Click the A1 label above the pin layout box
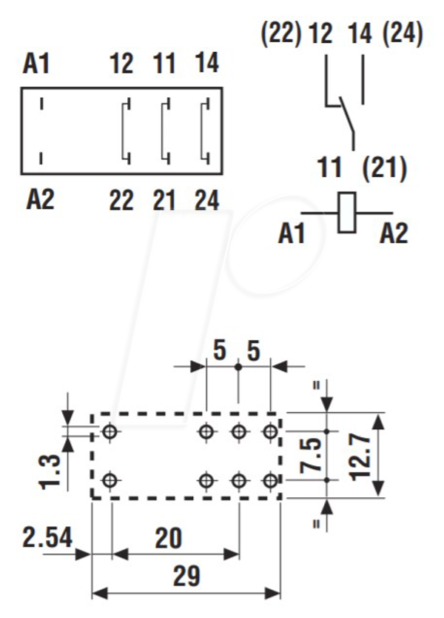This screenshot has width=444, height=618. coord(36,64)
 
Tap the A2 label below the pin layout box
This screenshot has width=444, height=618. coord(40,199)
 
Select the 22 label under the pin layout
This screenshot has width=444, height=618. coord(121,200)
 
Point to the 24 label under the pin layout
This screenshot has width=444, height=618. coord(206,200)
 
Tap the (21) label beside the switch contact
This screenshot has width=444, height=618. coord(384,168)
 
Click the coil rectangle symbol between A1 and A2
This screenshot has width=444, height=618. coord(347,212)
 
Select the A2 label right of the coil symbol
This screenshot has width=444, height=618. coord(394,233)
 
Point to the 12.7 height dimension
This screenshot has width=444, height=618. coord(360,456)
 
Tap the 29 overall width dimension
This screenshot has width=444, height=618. coord(186,577)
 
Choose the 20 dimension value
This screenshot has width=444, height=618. coord(169,539)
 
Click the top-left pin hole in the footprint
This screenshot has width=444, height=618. coord(110,431)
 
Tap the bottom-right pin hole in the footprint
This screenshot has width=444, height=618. coord(270,480)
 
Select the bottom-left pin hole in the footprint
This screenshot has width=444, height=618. coord(110,480)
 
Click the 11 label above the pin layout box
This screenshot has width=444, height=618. coord(164,64)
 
